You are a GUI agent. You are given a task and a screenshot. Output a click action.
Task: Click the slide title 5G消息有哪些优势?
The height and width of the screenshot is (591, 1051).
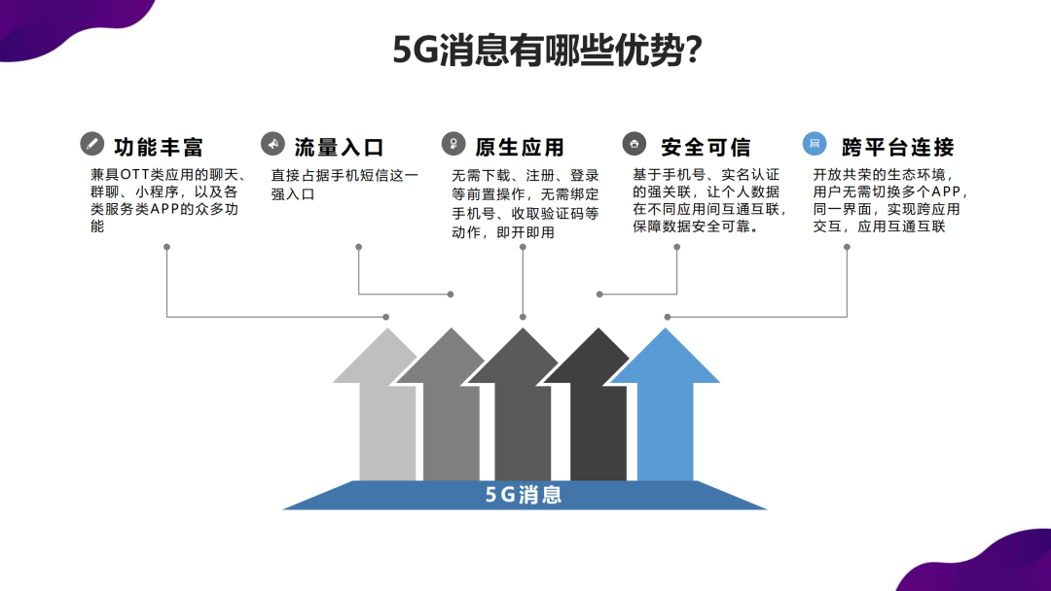(x=547, y=50)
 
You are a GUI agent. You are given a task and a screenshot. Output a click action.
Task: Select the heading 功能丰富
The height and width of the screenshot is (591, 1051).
(x=159, y=147)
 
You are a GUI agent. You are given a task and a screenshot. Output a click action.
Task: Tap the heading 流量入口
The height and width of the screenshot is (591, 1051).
(x=339, y=147)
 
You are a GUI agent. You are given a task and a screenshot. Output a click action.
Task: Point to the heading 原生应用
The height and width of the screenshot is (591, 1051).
(x=520, y=147)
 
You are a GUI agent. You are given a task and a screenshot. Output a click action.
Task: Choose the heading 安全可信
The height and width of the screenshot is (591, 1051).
(x=706, y=147)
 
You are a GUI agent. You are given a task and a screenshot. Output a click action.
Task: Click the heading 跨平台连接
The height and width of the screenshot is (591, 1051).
(x=897, y=147)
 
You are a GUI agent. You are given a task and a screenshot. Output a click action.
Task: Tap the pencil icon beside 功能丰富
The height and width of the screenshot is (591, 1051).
(x=91, y=143)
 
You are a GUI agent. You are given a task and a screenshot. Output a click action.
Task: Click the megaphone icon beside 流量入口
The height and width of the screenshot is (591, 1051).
(x=272, y=143)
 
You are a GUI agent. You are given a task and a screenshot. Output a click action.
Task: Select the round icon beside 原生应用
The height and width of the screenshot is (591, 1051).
(x=453, y=143)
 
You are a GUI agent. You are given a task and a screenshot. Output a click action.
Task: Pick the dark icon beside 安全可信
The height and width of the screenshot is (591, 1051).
(x=634, y=143)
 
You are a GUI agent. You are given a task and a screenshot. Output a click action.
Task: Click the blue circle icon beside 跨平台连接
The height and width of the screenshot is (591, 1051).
(x=815, y=143)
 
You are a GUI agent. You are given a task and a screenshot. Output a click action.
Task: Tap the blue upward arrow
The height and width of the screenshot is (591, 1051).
(x=665, y=408)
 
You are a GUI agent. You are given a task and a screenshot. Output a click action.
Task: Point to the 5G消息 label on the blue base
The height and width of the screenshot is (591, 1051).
(x=524, y=495)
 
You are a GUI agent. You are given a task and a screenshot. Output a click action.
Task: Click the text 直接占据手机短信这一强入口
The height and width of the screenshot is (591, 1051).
(x=344, y=185)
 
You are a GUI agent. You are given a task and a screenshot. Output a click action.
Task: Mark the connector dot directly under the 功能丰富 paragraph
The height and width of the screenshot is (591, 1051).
(x=167, y=247)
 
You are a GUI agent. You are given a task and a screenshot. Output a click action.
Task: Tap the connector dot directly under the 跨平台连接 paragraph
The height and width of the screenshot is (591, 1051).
(x=848, y=247)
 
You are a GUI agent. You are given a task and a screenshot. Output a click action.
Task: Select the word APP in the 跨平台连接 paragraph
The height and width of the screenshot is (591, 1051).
(x=946, y=192)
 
